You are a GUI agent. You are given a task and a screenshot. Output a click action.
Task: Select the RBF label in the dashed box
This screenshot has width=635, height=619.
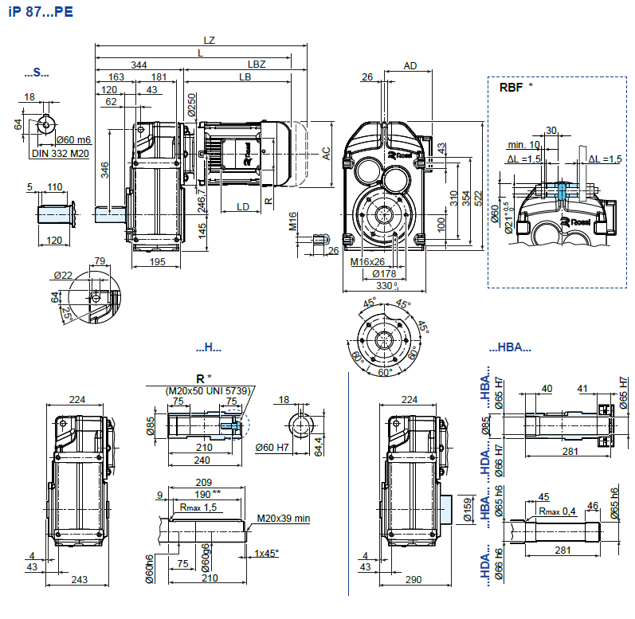(x=510, y=87)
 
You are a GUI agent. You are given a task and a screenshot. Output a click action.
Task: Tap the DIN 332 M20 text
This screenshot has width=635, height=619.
(x=61, y=153)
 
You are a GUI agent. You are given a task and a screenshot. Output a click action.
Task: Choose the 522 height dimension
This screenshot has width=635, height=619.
(x=479, y=196)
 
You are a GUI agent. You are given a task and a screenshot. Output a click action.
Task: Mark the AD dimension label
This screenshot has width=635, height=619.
(x=410, y=65)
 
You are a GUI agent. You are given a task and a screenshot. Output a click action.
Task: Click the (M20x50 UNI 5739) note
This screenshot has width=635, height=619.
(x=208, y=390)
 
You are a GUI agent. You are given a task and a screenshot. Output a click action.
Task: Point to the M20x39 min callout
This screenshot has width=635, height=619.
(x=283, y=519)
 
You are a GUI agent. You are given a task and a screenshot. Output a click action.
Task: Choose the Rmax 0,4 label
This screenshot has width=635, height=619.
(x=557, y=511)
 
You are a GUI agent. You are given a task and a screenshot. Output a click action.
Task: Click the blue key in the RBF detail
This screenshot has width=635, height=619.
(x=562, y=191)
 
